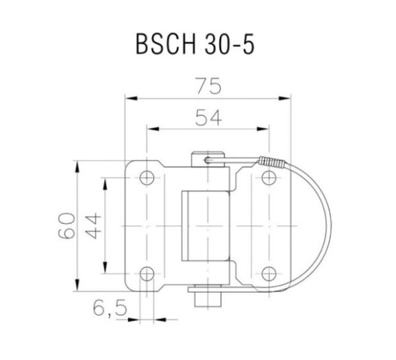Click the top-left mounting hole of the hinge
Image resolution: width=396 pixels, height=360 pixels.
147,177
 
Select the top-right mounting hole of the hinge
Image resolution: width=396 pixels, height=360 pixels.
268,177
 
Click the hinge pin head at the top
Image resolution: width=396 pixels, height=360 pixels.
207,159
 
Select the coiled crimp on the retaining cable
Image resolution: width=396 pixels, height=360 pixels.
270,162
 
